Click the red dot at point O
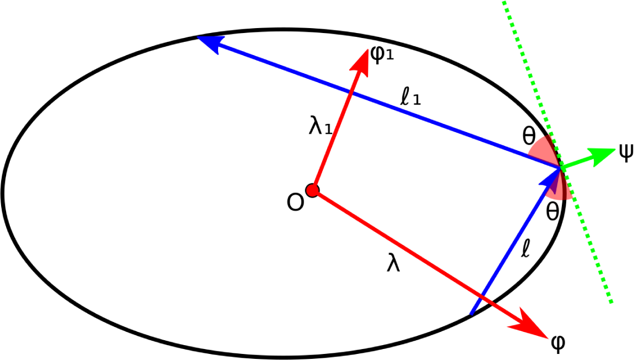[313, 190]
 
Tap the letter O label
[295, 203]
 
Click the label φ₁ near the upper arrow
[383, 56]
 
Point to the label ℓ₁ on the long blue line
[411, 99]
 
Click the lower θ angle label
[552, 211]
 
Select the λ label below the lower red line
[393, 264]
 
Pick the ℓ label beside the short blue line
[525, 250]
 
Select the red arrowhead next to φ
[530, 326]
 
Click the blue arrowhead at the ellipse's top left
[209, 42]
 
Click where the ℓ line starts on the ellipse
[470, 315]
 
